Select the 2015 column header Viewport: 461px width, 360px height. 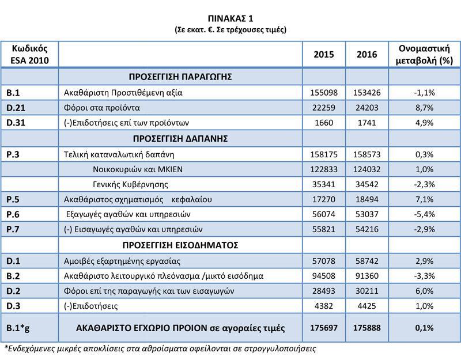[323, 55]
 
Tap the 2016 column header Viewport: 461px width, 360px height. [366, 55]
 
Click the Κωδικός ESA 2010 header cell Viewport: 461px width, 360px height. [29, 54]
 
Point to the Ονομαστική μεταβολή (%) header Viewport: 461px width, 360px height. [424, 54]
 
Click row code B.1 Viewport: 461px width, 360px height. [13, 92]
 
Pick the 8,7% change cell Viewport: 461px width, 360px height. [424, 107]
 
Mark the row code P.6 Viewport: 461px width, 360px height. [13, 215]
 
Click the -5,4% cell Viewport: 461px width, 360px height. [424, 215]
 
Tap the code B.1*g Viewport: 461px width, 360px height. [18, 328]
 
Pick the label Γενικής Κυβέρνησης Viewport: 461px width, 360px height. [130, 184]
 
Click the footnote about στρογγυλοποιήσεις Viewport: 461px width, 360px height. [160, 348]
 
